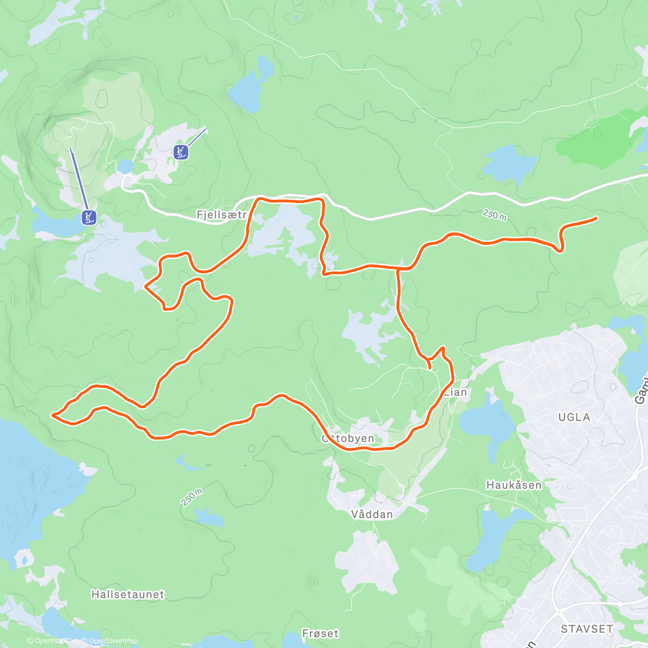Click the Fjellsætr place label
(x=221, y=215)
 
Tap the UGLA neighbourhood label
(x=574, y=417)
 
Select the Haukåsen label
(x=514, y=485)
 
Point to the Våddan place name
(x=372, y=514)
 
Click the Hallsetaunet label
(x=127, y=595)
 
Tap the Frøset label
(x=320, y=633)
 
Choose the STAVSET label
(x=587, y=629)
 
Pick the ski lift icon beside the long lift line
(x=89, y=218)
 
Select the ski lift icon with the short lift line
(x=181, y=152)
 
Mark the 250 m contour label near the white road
(x=494, y=214)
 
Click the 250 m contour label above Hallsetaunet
(x=192, y=497)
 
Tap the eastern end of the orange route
(x=596, y=218)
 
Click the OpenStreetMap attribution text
(x=113, y=641)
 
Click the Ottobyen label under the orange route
(x=348, y=438)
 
